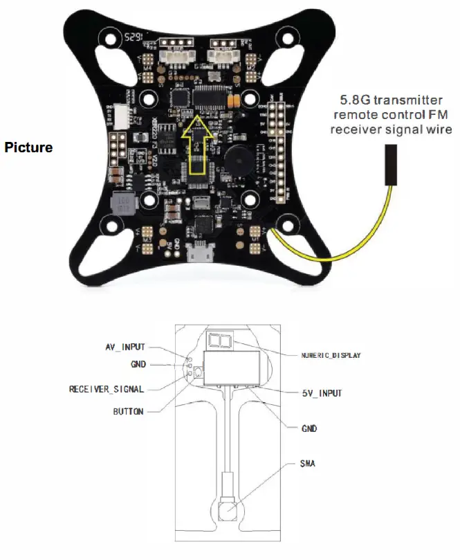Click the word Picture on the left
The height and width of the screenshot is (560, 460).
click(28, 147)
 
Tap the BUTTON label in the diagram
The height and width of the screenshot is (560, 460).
click(129, 411)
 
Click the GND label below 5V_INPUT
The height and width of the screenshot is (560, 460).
click(309, 429)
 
